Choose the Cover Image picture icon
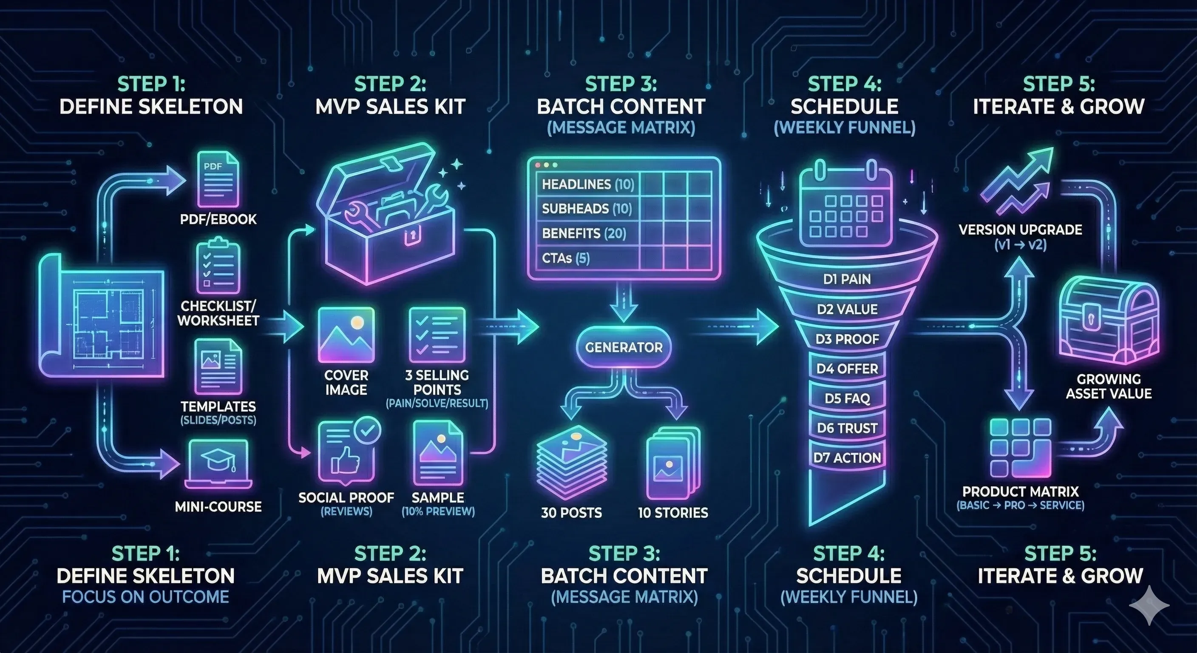346,335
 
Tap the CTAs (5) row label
565,258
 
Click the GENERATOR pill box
624,347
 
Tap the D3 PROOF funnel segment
847,339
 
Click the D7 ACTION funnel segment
847,458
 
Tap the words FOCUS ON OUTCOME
145,597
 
